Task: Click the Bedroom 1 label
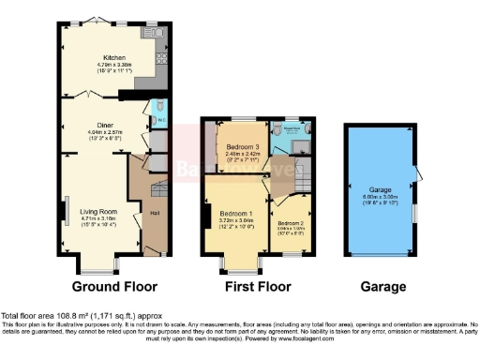click(236, 208)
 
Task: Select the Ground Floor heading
click(114, 286)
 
